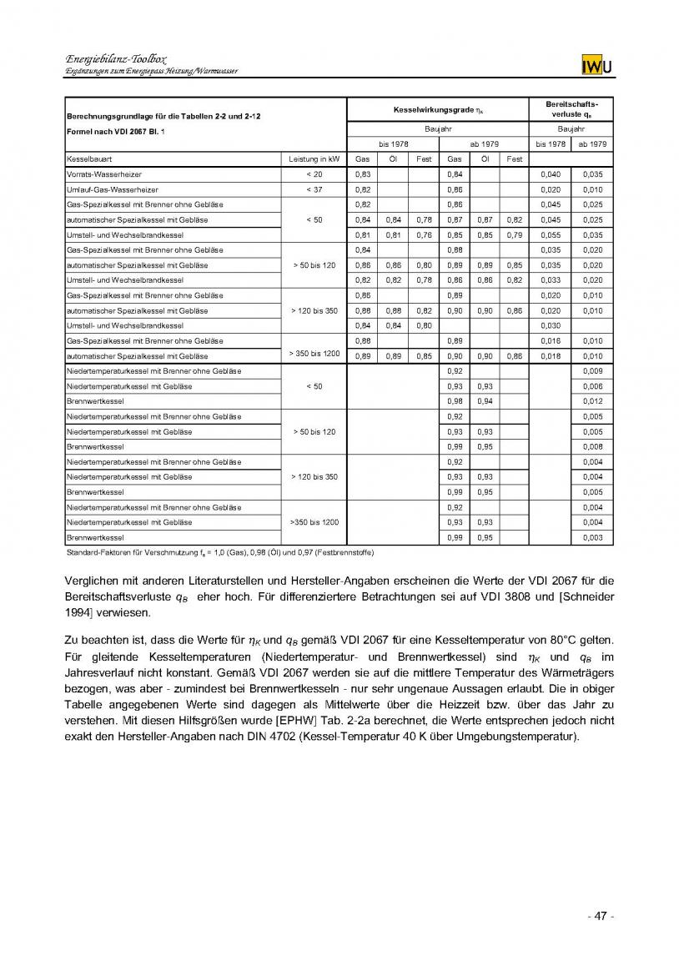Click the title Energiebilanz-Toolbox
click(115, 60)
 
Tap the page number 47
click(600, 916)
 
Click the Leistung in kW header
click(314, 158)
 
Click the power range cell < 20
click(314, 174)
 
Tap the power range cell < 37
click(314, 189)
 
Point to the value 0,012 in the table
click(593, 401)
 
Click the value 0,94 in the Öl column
click(484, 401)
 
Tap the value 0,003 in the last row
click(593, 538)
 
